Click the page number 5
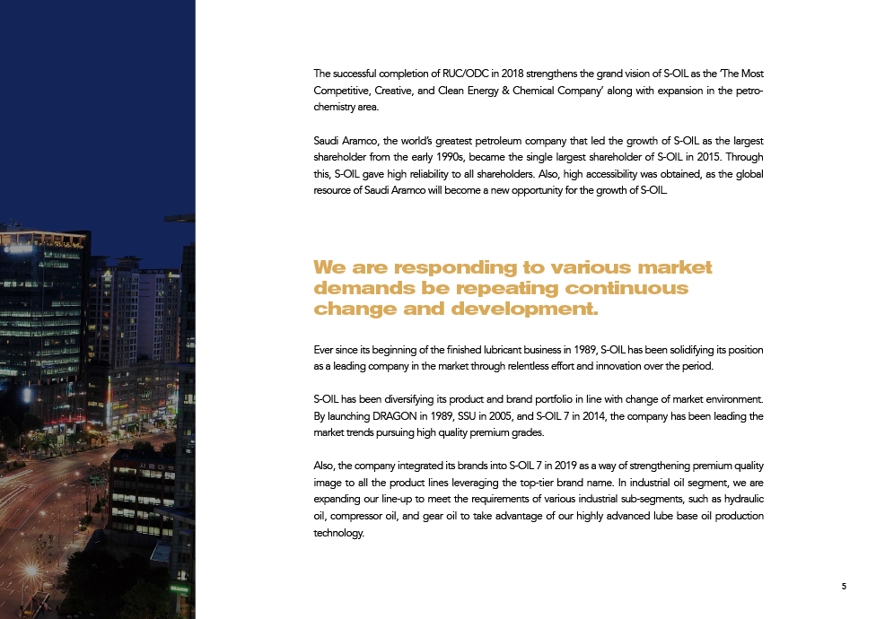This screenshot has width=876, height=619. (x=844, y=587)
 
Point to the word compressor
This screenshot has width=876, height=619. (x=359, y=516)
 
